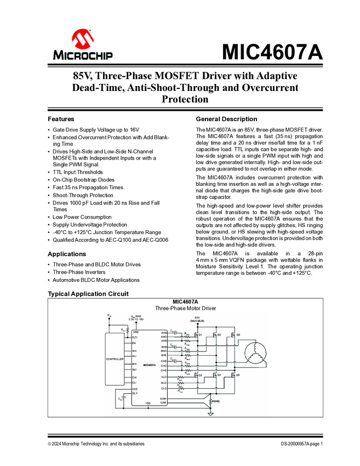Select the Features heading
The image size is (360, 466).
click(x=61, y=119)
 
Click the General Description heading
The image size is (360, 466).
click(x=226, y=119)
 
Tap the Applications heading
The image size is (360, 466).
click(x=67, y=254)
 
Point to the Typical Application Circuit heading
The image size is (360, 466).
click(x=88, y=294)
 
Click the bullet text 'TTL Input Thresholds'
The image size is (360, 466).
click(x=78, y=172)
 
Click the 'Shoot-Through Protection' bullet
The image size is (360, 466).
click(x=83, y=195)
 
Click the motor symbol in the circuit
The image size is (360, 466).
click(x=255, y=351)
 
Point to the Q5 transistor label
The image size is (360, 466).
click(x=238, y=334)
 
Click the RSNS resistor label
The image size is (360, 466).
click(x=216, y=401)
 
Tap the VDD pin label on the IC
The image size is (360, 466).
click(x=136, y=332)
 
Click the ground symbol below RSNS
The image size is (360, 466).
click(x=210, y=414)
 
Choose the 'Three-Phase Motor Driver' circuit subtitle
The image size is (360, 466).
click(x=185, y=308)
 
